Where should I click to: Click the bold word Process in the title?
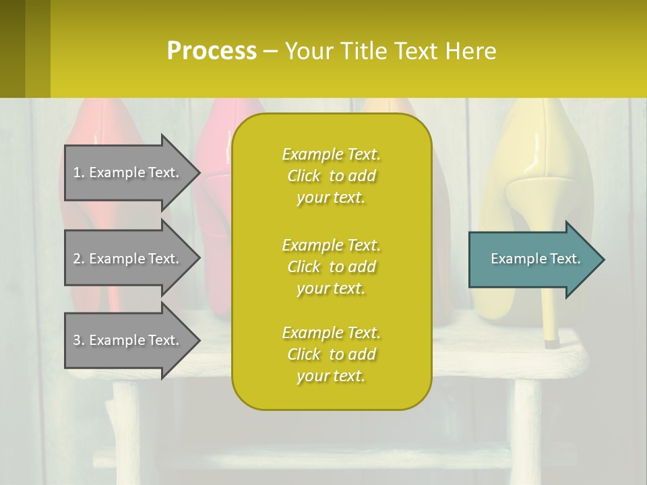point(212,51)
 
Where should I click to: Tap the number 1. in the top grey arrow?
point(78,172)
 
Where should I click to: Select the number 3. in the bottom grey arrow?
point(78,340)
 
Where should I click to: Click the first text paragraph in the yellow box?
point(331,176)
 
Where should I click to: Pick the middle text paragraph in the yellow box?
point(331,267)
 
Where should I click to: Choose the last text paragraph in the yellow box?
point(331,354)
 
